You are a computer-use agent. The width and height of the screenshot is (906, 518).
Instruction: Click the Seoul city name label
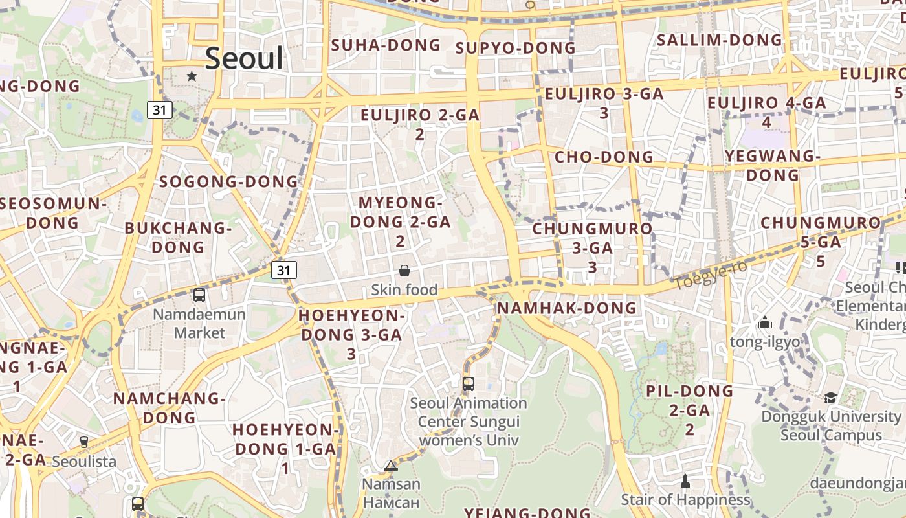pos(245,59)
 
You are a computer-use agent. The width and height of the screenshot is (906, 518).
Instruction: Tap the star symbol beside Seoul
pos(192,76)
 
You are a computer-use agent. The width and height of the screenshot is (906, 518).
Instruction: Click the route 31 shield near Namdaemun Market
pos(284,270)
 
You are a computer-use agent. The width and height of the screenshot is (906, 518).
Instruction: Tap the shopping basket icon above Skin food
pos(404,271)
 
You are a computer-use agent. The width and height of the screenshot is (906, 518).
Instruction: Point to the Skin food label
pos(404,289)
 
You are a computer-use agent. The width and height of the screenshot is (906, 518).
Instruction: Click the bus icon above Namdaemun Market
pos(199,295)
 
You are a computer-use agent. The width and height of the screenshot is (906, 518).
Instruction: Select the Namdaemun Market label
pos(199,324)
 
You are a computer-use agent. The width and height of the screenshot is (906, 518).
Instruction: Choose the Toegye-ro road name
pos(711,276)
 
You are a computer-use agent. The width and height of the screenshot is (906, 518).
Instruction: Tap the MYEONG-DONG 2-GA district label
pos(400,221)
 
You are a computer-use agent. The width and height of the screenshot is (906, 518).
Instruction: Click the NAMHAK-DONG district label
pos(567,308)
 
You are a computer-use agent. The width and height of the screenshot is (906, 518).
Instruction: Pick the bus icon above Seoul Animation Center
pos(469,383)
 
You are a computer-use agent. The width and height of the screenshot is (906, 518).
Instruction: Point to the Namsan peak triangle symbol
pos(390,466)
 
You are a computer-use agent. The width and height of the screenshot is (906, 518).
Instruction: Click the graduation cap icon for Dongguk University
pos(830,398)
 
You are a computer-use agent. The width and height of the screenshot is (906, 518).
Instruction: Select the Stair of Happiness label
pos(685,500)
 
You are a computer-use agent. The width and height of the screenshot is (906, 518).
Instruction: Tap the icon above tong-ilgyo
pos(765,322)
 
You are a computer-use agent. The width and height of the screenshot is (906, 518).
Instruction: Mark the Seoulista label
pos(84,462)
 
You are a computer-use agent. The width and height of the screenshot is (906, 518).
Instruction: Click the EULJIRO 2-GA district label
pos(420,124)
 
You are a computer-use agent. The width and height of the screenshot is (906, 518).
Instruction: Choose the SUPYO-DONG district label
pos(515,48)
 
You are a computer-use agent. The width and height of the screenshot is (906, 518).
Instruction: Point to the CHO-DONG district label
pos(604,157)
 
